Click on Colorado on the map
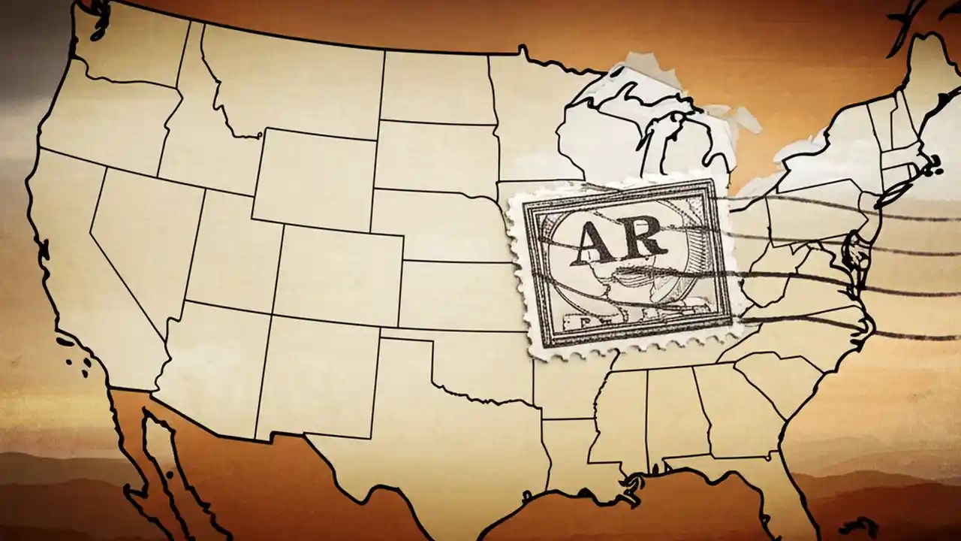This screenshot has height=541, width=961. [338, 264]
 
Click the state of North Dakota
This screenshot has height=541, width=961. [435, 86]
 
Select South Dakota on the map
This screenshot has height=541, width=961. [435, 154]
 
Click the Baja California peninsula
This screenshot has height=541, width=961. [161, 466]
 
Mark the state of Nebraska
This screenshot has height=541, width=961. [443, 222]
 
